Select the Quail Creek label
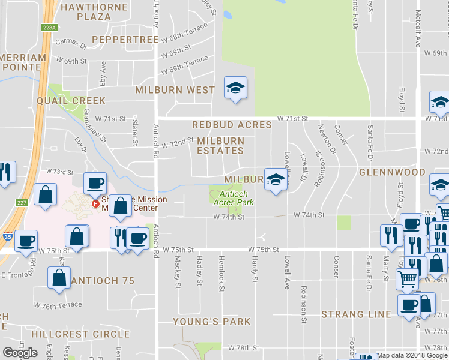pyautogui.click(x=71, y=101)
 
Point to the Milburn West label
pyautogui.click(x=175, y=90)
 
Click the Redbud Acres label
pyautogui.click(x=232, y=125)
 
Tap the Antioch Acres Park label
pyautogui.click(x=234, y=198)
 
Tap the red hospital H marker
pyautogui.click(x=94, y=204)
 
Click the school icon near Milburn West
pyautogui.click(x=235, y=88)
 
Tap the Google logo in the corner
pyautogui.click(x=20, y=353)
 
